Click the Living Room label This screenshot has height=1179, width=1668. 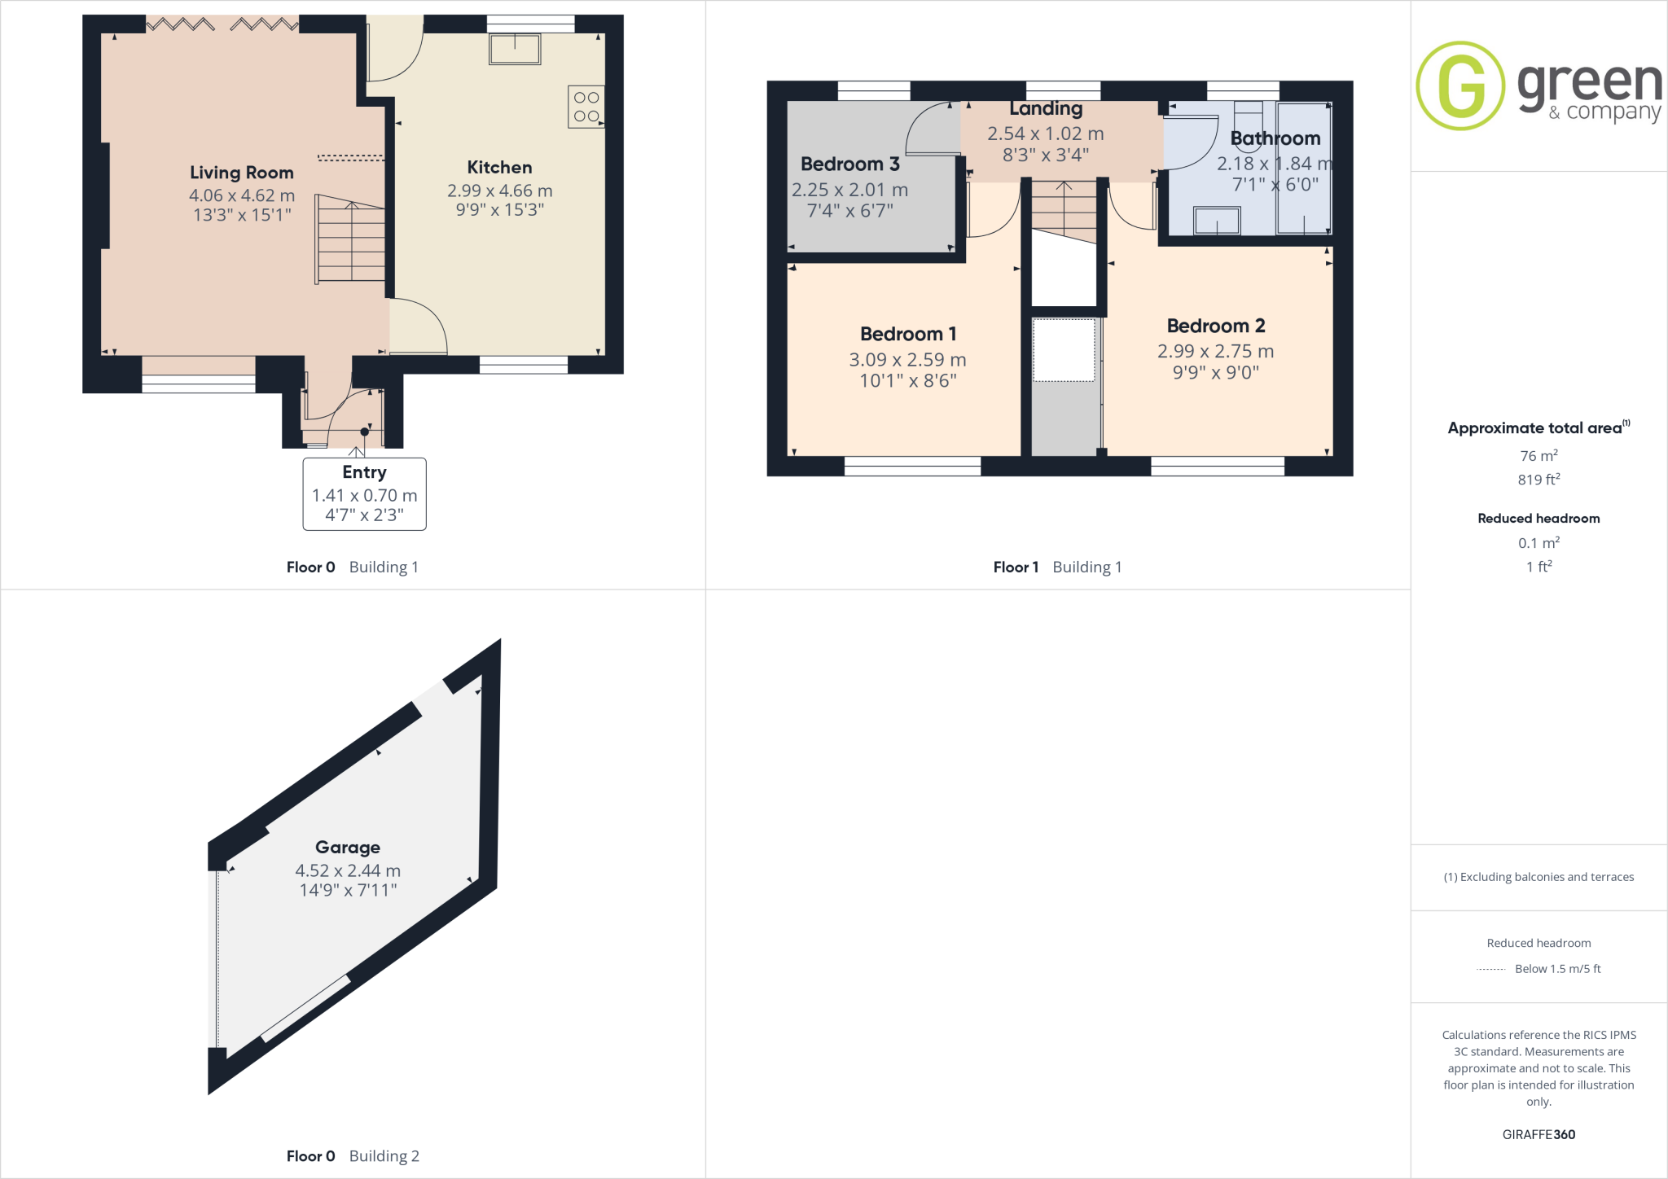click(241, 173)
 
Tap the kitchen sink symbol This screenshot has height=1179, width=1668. click(515, 49)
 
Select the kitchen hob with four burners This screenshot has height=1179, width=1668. click(586, 107)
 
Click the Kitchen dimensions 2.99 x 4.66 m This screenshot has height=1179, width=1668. click(499, 191)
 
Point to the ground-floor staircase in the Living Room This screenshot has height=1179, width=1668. click(350, 240)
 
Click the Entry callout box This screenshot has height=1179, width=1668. click(364, 493)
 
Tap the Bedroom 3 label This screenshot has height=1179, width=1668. click(849, 164)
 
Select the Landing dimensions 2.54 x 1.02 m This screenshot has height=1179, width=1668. click(1045, 134)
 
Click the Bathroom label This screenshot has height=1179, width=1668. click(1275, 138)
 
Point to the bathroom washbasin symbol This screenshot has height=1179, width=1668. click(1217, 221)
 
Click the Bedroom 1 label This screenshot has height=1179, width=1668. click(907, 334)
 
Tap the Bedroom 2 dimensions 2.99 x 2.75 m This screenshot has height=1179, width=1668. click(1215, 351)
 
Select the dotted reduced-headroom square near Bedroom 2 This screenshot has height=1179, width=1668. click(1064, 350)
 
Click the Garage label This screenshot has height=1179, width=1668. click(348, 848)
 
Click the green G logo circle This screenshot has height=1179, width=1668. click(1460, 85)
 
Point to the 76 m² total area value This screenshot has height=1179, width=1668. click(1539, 456)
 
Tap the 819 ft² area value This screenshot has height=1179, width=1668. click(1539, 480)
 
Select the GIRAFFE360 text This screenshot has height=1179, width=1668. click(1539, 1134)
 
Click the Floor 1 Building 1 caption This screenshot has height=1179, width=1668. click(1057, 567)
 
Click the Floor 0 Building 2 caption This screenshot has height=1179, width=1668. click(353, 1155)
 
